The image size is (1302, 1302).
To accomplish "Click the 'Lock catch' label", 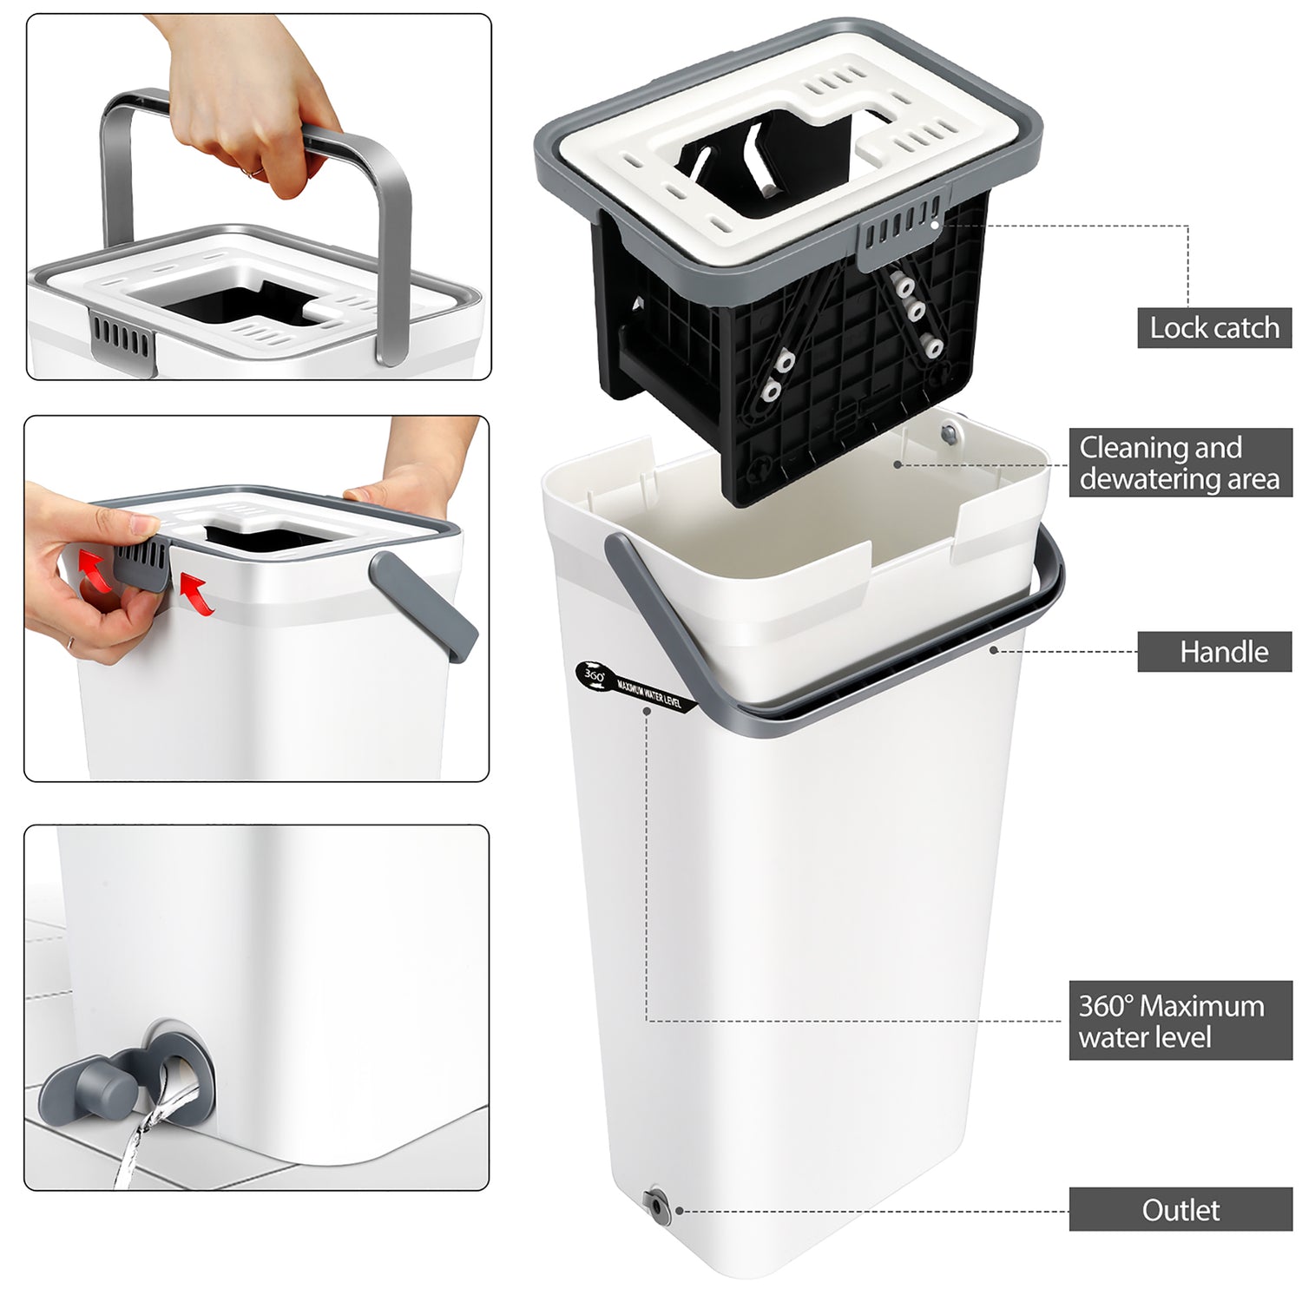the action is pyautogui.click(x=1214, y=328).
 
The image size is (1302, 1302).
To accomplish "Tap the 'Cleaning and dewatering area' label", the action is pyautogui.click(x=1180, y=463).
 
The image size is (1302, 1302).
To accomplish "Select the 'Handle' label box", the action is pyautogui.click(x=1214, y=652).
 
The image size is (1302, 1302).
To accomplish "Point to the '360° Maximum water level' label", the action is pyautogui.click(x=1180, y=1021).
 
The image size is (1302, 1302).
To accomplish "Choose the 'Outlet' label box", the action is pyautogui.click(x=1180, y=1210).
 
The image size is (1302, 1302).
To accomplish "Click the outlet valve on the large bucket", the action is pyautogui.click(x=654, y=1205).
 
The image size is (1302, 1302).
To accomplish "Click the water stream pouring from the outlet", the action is pyautogui.click(x=143, y=1128).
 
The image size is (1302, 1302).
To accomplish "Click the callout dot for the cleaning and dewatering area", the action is pyautogui.click(x=898, y=464).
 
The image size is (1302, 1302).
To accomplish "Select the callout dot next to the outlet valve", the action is pyautogui.click(x=679, y=1211).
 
